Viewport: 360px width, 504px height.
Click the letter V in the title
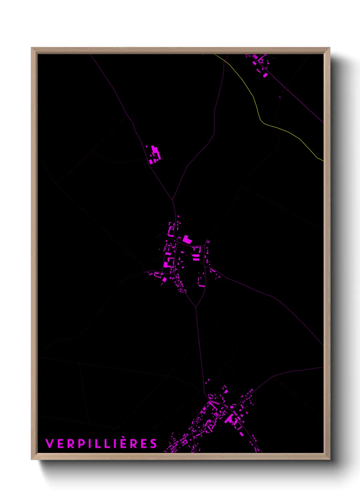coord(49,444)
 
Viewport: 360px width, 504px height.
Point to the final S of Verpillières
coord(154,444)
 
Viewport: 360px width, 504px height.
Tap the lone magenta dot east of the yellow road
coord(280,97)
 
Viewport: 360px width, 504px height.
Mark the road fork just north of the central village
coord(173,200)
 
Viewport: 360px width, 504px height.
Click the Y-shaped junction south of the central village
coord(196,307)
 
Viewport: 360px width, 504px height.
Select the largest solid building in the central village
coord(187,239)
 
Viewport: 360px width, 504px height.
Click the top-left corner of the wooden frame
coord(32,48)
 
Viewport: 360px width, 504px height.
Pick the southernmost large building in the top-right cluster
coord(265,75)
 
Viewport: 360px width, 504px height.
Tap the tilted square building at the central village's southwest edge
coord(164,280)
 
